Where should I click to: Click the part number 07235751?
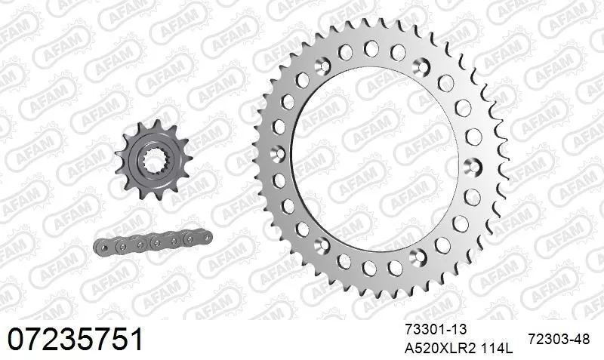[75, 339]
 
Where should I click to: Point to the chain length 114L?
[493, 349]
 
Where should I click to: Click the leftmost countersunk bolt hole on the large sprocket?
[279, 153]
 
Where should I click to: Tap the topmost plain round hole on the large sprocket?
[371, 48]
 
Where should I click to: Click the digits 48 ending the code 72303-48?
[581, 340]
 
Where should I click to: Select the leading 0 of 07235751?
[17, 339]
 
